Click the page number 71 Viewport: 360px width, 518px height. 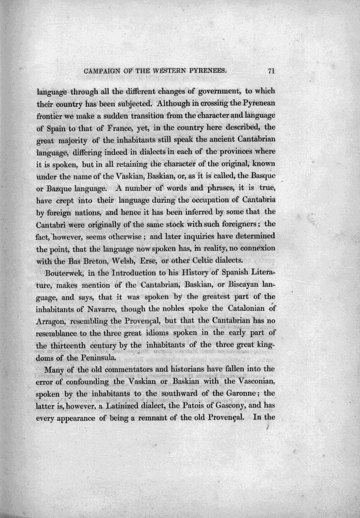point(273,70)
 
